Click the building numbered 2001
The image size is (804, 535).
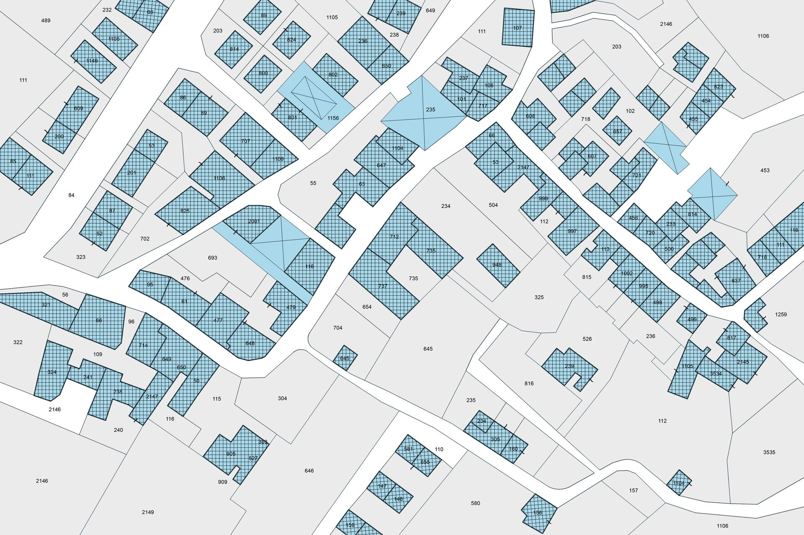click(x=254, y=222)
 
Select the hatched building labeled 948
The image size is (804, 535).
click(x=497, y=265)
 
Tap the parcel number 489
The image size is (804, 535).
click(x=46, y=20)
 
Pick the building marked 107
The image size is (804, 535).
click(x=518, y=28)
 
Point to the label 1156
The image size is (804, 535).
click(x=333, y=118)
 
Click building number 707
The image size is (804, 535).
click(x=245, y=141)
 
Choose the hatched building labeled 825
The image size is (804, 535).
click(x=185, y=211)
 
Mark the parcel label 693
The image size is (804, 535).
click(x=213, y=258)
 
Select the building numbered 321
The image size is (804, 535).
click(x=46, y=305)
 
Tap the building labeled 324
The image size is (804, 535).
click(x=52, y=372)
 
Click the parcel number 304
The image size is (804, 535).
click(x=282, y=398)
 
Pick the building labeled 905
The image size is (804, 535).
click(x=231, y=454)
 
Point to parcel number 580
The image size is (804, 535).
click(x=475, y=503)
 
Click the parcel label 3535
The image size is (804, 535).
click(x=769, y=452)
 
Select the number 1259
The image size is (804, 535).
click(x=781, y=315)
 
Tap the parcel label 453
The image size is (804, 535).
click(x=765, y=170)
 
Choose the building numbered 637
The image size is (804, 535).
click(x=736, y=281)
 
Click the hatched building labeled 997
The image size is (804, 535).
click(x=572, y=231)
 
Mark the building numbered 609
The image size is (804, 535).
click(x=78, y=108)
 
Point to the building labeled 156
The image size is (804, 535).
click(x=538, y=512)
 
